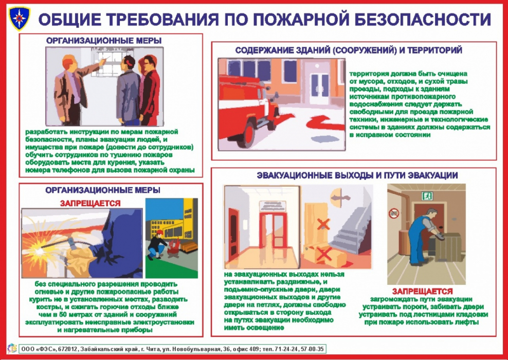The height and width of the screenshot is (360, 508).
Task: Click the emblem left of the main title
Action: point(20,18)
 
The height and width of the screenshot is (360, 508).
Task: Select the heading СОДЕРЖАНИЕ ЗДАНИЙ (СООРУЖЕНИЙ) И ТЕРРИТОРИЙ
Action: point(348,50)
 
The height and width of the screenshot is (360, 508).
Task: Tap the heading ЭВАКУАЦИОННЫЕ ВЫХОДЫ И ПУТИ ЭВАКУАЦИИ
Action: point(357,175)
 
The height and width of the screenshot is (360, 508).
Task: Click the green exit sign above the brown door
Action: point(427,196)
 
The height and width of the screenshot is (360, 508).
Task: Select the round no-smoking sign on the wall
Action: point(394,211)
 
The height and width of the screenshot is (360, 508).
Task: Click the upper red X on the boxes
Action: point(323,224)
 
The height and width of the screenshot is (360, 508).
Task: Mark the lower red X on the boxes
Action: point(323,253)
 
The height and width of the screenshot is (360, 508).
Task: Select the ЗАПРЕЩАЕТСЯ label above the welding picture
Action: point(90,203)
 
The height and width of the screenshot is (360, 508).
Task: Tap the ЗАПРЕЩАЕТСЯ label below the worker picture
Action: point(422,291)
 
